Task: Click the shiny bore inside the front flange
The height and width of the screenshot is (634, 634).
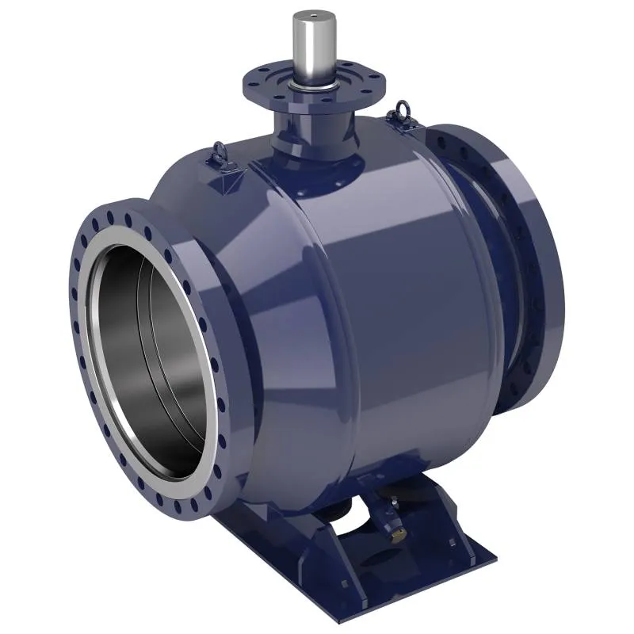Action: pos(151,349)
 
